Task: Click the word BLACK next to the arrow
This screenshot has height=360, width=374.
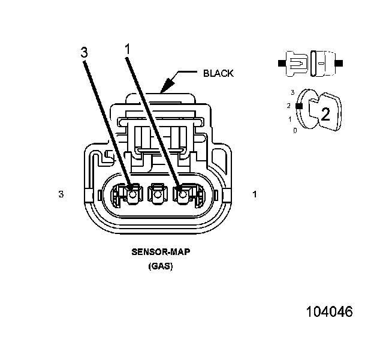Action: click(x=218, y=73)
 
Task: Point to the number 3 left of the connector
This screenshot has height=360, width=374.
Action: click(x=61, y=194)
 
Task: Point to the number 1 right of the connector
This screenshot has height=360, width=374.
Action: click(x=255, y=194)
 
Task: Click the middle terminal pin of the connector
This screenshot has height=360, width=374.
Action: click(x=156, y=194)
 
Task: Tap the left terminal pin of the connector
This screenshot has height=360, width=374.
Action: click(x=131, y=194)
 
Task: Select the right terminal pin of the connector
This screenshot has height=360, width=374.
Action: click(x=182, y=194)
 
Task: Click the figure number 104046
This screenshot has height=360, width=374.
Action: click(x=329, y=312)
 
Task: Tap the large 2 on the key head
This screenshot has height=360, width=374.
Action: click(x=325, y=114)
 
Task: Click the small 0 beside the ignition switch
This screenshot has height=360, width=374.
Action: click(x=294, y=130)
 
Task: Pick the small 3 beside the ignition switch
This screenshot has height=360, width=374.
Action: click(x=292, y=92)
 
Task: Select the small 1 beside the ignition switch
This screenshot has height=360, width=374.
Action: click(x=290, y=119)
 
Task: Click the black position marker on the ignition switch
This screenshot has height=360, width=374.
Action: click(x=298, y=106)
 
